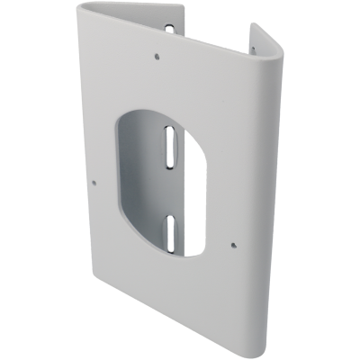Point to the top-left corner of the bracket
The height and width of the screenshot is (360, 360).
click(x=78, y=11)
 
